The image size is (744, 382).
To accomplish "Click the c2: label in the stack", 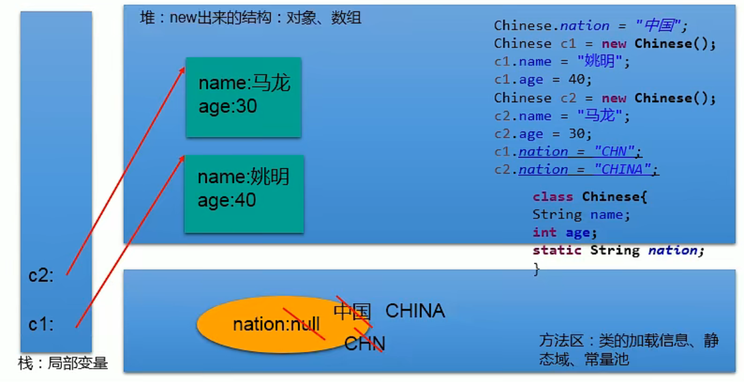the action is (x=41, y=276).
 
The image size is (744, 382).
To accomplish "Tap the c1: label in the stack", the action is (x=41, y=325).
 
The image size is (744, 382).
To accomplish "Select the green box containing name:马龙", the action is (x=243, y=98).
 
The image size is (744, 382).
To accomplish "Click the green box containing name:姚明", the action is (x=244, y=194).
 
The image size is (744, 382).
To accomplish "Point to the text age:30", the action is (x=228, y=106).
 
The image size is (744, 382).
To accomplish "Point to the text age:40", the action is (x=227, y=200).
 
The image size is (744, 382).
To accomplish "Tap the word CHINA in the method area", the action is (x=415, y=311).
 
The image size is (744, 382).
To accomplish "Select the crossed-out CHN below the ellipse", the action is (x=365, y=343).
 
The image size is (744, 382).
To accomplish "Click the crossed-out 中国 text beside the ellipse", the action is (x=352, y=312).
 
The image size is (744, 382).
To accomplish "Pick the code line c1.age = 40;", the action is (x=543, y=79).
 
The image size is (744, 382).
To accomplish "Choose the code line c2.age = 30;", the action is (x=543, y=134).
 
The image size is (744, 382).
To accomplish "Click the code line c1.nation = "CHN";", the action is (x=568, y=152).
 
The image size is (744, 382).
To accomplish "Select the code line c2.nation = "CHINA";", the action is (x=577, y=170).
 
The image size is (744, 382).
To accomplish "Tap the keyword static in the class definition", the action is (x=557, y=250).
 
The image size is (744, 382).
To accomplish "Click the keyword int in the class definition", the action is (x=544, y=232).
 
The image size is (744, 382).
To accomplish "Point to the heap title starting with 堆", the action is (x=251, y=18).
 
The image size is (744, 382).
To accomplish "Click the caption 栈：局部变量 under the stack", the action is (x=63, y=363).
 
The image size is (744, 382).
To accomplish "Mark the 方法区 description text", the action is (x=629, y=349).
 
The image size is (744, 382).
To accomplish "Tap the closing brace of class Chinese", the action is (x=537, y=269).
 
